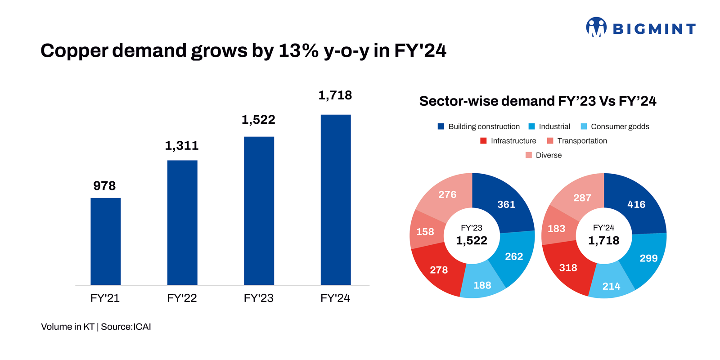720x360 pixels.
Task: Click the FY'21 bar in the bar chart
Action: (105, 241)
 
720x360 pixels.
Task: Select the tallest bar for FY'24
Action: (335, 200)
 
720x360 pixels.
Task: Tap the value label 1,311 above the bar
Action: (181, 146)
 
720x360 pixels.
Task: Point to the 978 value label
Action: (104, 186)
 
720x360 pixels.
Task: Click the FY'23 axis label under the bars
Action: (258, 298)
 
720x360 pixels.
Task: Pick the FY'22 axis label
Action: (182, 298)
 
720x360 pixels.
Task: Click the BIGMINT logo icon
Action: (596, 27)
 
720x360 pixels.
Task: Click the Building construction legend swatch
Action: (441, 126)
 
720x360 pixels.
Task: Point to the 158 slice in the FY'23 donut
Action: (425, 232)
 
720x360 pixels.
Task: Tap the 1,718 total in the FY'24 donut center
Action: (603, 241)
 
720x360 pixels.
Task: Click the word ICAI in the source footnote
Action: (142, 327)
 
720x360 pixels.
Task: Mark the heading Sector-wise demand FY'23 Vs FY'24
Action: (537, 101)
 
